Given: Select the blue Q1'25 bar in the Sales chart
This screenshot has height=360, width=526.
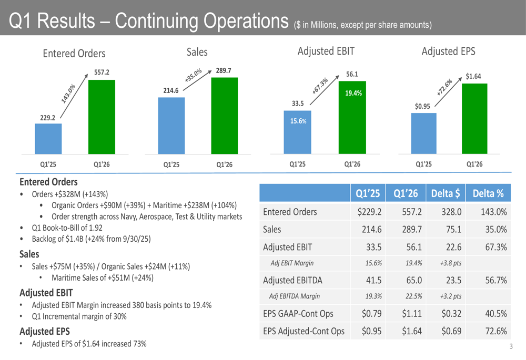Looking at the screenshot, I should (171, 126).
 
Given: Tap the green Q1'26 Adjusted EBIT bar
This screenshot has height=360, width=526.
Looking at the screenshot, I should (352, 118).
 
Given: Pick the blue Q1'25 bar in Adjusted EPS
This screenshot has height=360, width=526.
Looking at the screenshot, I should (423, 133).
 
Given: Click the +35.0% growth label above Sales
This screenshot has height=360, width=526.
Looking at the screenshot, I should (194, 75).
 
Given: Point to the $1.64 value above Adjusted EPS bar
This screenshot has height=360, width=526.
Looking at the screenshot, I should (473, 77).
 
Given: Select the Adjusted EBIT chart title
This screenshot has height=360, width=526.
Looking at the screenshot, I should (326, 51).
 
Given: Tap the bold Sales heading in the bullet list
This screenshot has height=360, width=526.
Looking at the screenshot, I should (29, 254).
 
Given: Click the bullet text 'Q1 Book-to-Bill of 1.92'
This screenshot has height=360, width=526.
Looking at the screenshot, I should (67, 228).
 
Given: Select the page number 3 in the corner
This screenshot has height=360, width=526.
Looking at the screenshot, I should (510, 346).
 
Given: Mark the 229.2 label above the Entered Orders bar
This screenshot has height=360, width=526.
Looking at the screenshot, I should (47, 118).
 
